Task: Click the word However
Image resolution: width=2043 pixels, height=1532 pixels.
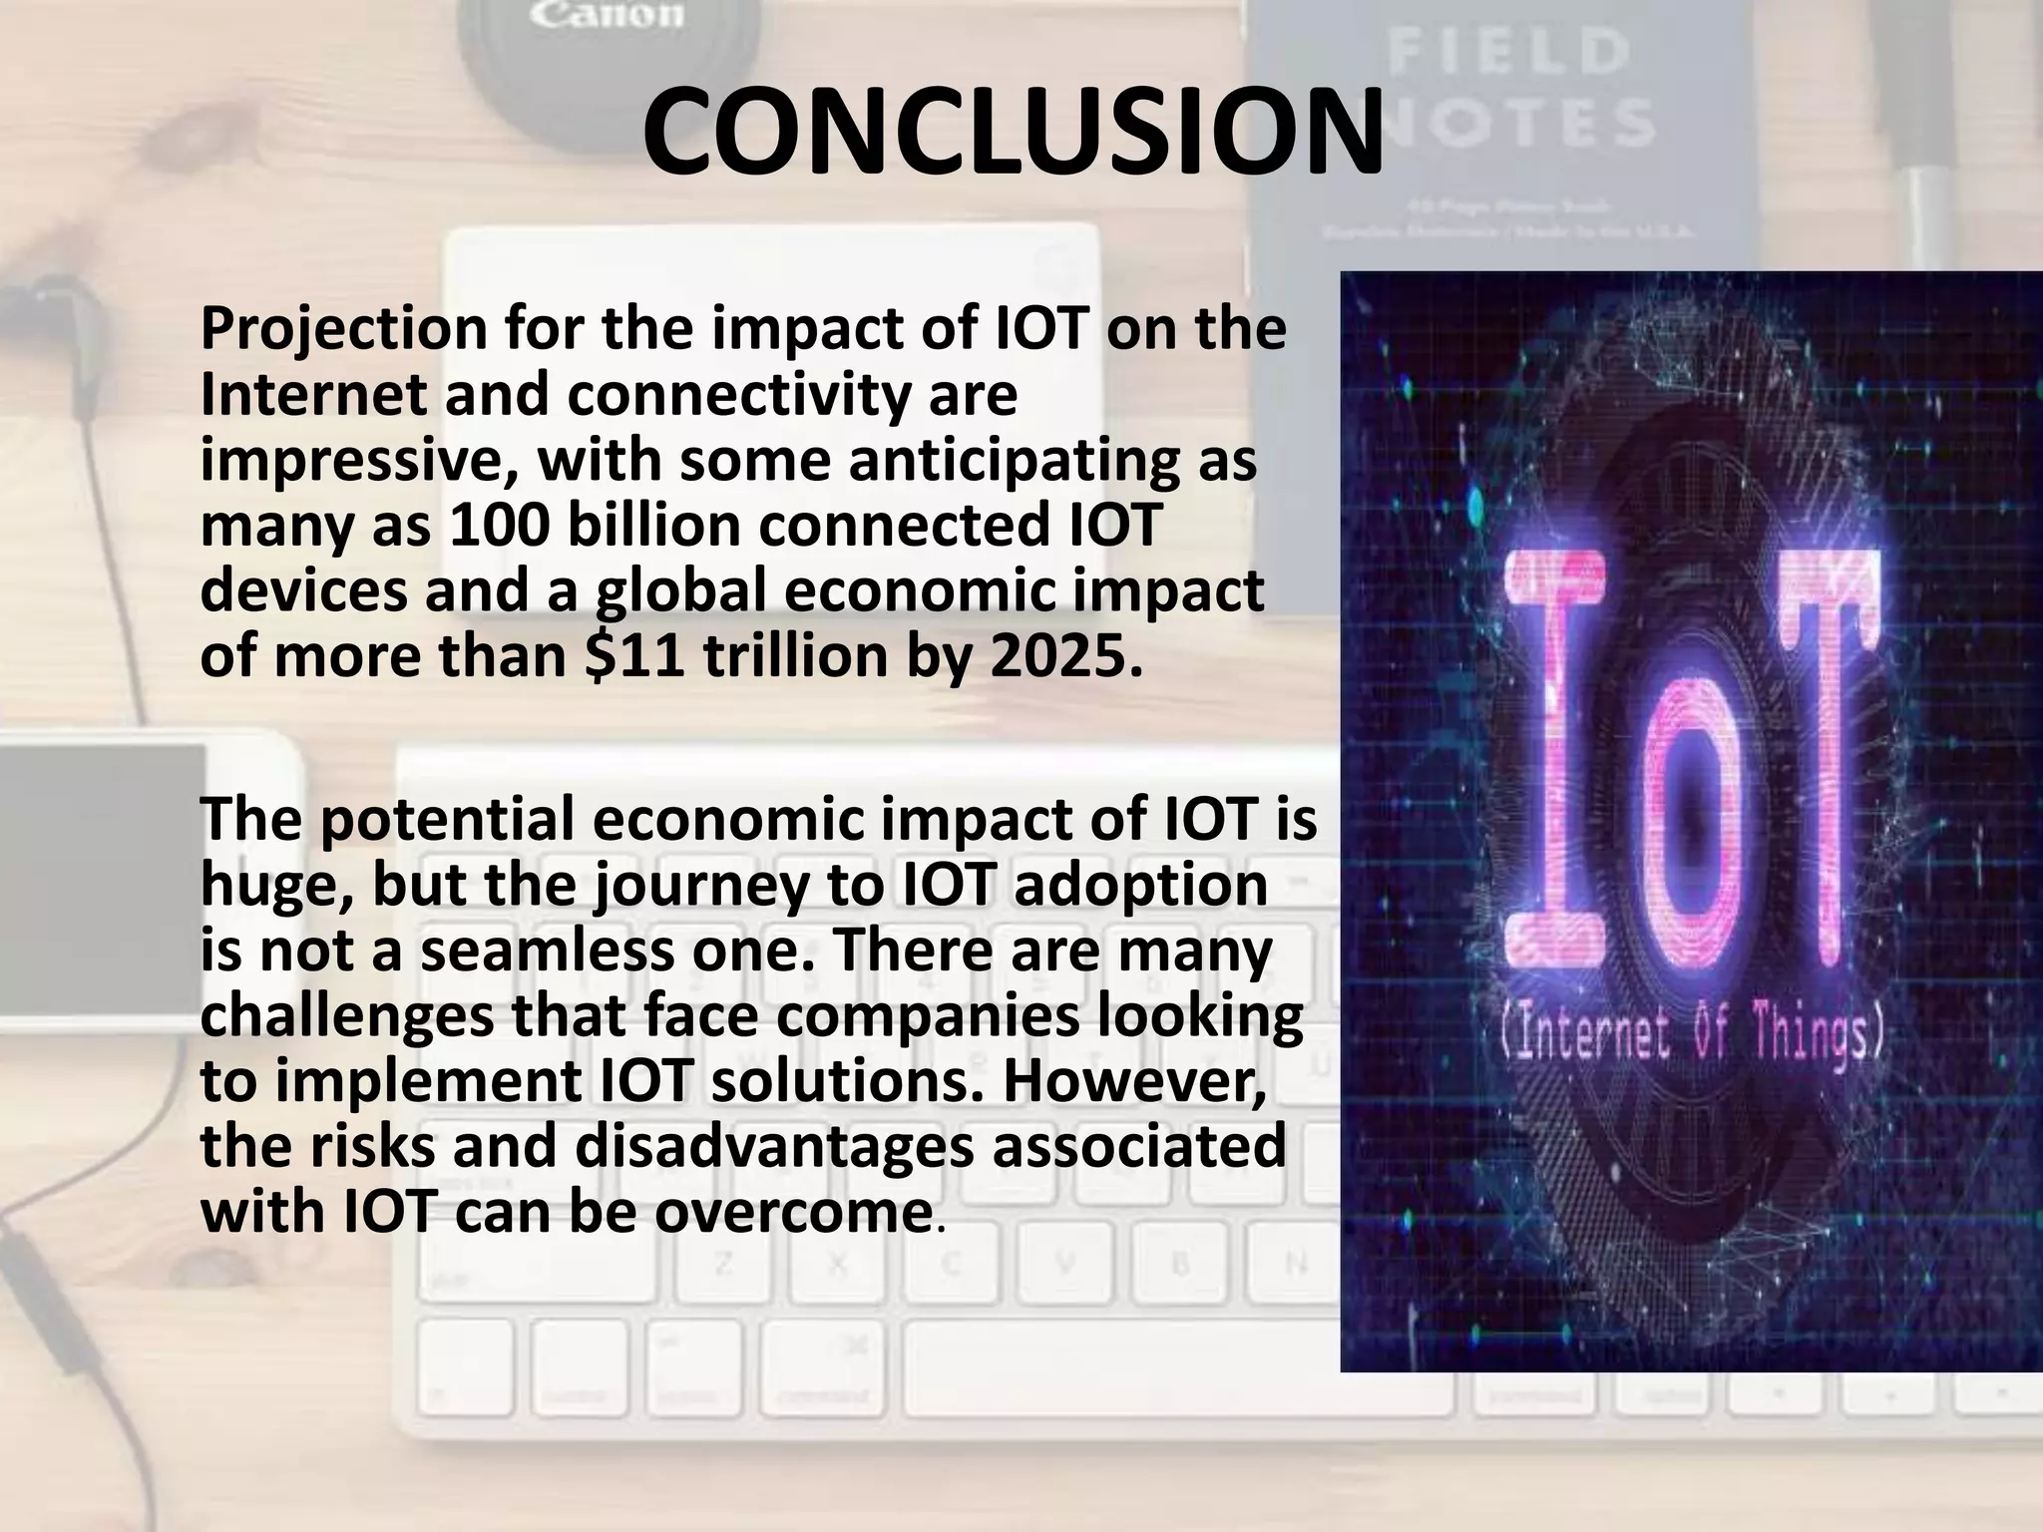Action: [1135, 1081]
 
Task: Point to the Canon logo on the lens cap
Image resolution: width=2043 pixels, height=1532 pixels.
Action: [606, 15]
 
